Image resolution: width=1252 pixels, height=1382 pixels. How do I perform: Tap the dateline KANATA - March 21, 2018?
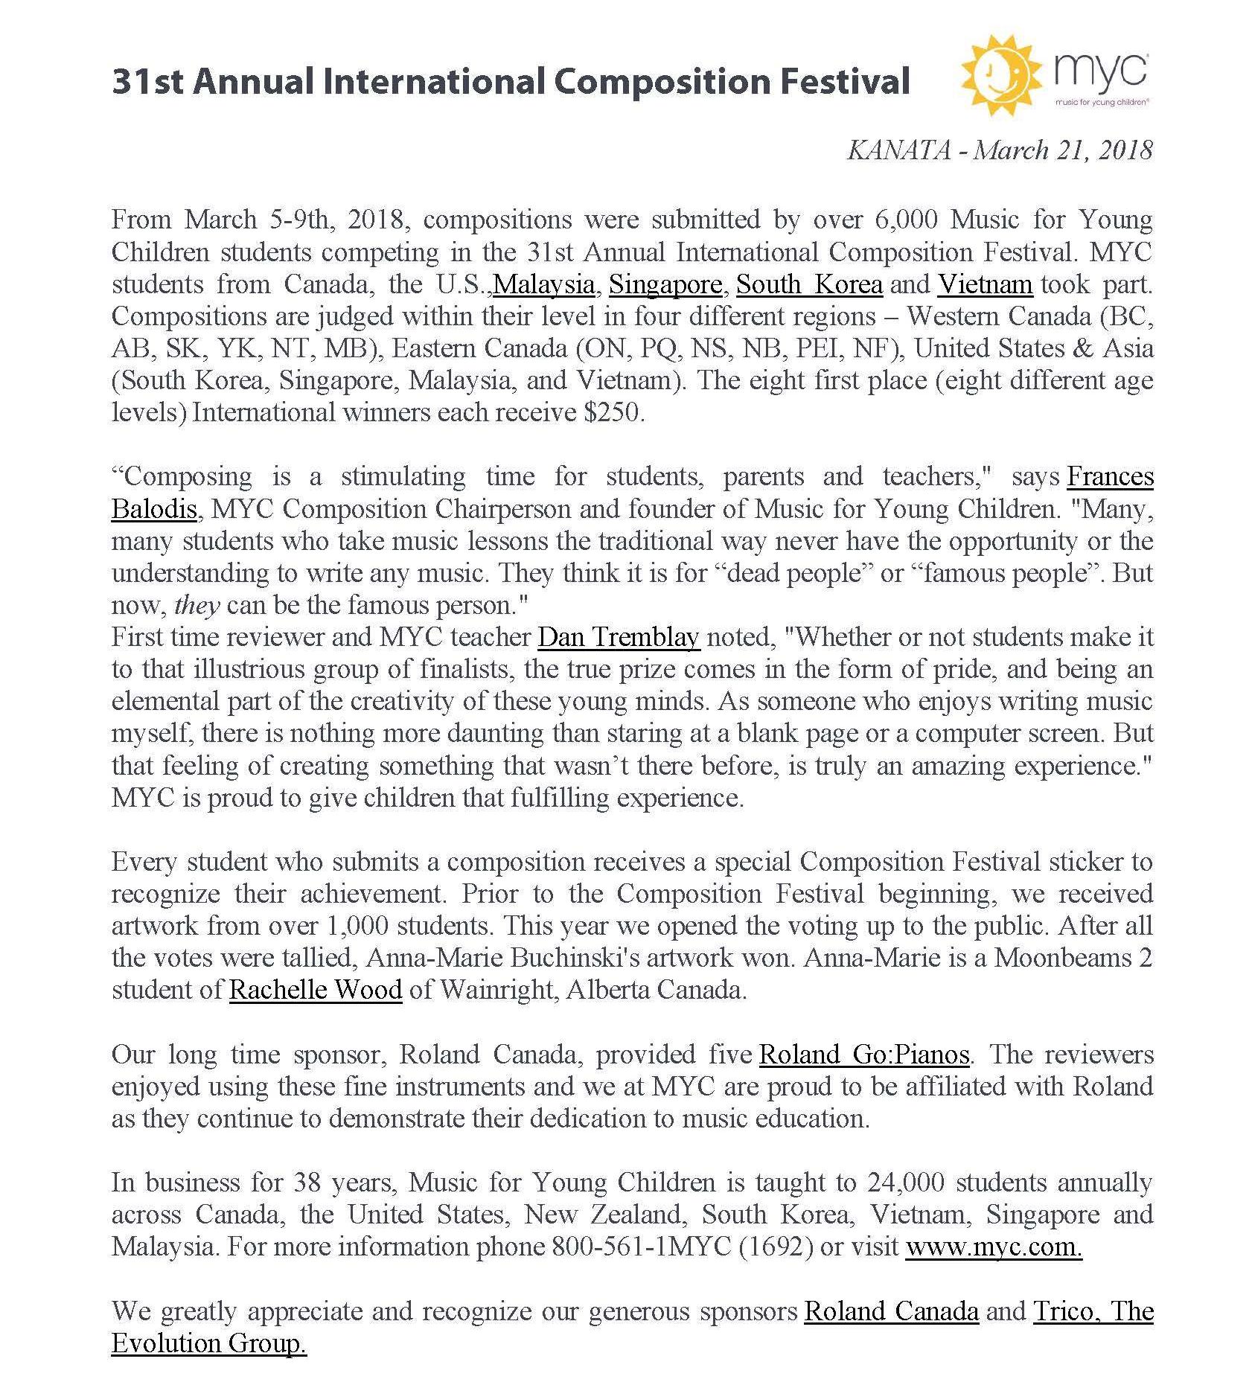pos(999,150)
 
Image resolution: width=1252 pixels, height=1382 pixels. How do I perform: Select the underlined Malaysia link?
pos(544,284)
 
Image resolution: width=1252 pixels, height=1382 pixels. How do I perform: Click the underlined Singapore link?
pos(665,284)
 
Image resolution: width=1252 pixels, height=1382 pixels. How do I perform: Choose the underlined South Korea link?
pos(809,284)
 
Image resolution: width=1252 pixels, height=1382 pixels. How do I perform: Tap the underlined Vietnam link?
pos(985,284)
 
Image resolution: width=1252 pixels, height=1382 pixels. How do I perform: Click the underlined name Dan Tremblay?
pos(619,637)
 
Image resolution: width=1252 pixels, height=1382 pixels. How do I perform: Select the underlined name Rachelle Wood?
pos(316,990)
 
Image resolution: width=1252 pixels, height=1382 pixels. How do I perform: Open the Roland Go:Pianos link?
pos(863,1055)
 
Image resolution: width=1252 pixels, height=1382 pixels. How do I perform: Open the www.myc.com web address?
pos(994,1247)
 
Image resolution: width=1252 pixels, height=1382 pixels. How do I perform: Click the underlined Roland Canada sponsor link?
pos(891,1311)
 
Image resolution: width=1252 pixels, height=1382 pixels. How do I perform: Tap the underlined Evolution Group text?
pos(208,1343)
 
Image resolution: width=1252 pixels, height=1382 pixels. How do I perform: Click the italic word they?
pos(197,605)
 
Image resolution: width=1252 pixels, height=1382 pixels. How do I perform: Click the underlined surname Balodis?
pos(154,509)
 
